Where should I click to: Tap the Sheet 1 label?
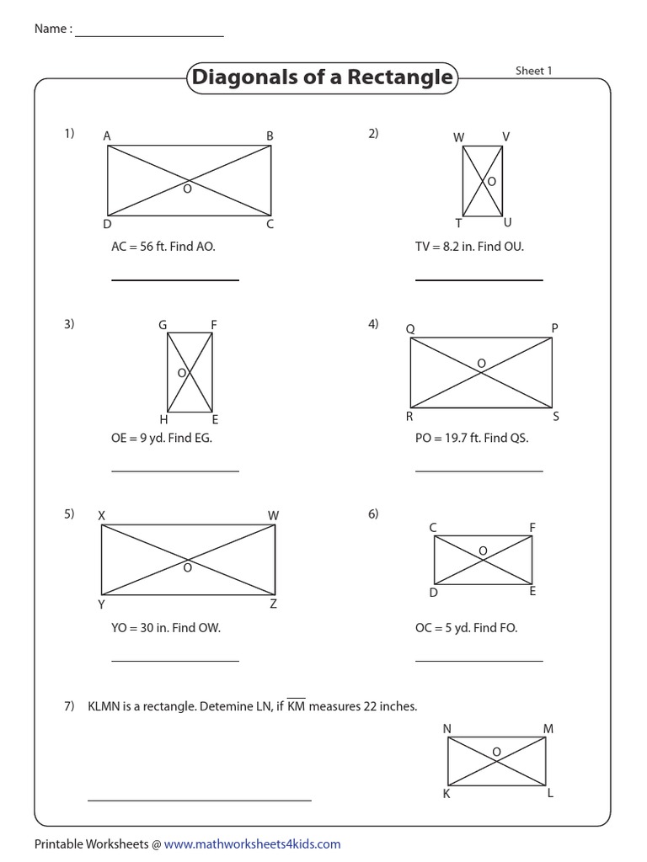pos(533,72)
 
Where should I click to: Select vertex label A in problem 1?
pos(107,136)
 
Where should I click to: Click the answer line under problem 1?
pos(175,279)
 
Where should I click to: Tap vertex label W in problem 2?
pos(459,136)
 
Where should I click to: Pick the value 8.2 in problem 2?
pos(454,247)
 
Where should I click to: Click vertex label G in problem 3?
pos(162,325)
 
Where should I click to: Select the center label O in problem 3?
pos(180,371)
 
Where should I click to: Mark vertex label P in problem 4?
pos(555,327)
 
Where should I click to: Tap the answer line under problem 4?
pos(479,471)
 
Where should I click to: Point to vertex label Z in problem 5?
pos(273,604)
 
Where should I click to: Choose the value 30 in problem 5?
pos(149,627)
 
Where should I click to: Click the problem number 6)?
pos(373,513)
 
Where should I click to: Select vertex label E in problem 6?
pos(532,592)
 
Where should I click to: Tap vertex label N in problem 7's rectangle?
pos(446,728)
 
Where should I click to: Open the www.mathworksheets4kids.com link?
pos(252,843)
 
